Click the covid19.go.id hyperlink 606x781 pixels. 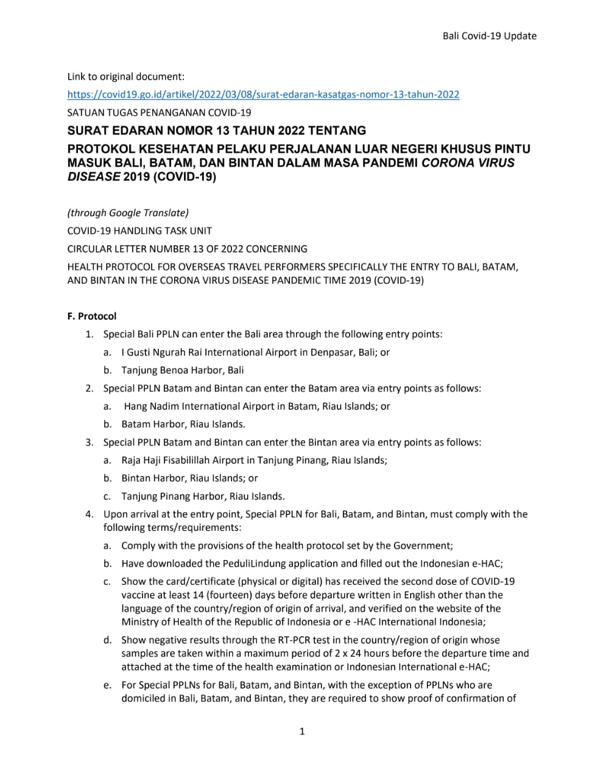(263, 94)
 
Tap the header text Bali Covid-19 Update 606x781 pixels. (489, 36)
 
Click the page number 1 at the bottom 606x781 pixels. (302, 731)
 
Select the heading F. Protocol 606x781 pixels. (91, 316)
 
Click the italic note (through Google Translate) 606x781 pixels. (128, 212)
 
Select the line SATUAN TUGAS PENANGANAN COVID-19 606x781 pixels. (159, 112)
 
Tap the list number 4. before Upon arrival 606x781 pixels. (90, 514)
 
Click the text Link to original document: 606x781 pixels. (125, 77)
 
